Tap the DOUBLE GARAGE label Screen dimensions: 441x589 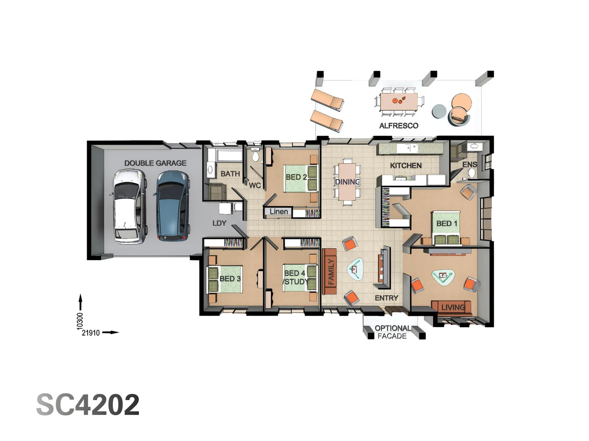[155, 163]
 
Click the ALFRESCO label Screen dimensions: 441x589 [398, 126]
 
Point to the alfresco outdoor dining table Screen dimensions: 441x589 [398, 102]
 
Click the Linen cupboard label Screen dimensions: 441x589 [279, 212]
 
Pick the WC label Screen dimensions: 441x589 [255, 185]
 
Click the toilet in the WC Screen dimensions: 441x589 [256, 156]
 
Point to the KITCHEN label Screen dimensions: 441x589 [405, 165]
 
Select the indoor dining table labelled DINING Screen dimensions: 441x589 [347, 182]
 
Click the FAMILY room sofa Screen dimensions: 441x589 [329, 272]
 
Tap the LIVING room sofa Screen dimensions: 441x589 [452, 307]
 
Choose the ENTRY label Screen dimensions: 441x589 [386, 298]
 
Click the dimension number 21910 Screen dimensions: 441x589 [91, 333]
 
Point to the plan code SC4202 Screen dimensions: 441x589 [88, 405]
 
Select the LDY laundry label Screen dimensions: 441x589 [219, 223]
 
